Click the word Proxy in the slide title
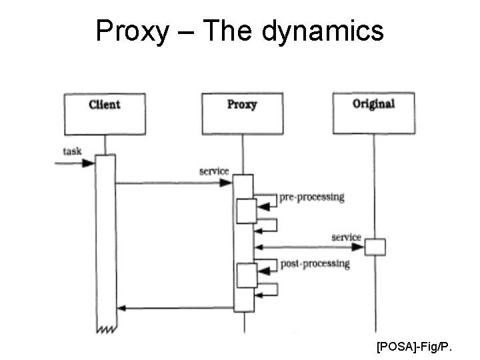click(132, 31)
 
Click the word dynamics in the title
click(322, 31)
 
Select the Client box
click(105, 114)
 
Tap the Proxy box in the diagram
click(242, 114)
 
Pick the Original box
click(373, 113)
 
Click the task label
click(72, 151)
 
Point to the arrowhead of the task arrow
click(89, 162)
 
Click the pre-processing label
click(312, 197)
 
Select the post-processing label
click(315, 264)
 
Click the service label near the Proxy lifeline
click(214, 171)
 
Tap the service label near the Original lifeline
click(346, 237)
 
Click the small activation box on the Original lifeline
click(375, 247)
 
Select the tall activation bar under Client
click(105, 240)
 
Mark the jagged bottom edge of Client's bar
click(105, 329)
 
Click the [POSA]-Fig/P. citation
click(414, 347)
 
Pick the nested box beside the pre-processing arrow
click(247, 210)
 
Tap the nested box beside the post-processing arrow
click(247, 275)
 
